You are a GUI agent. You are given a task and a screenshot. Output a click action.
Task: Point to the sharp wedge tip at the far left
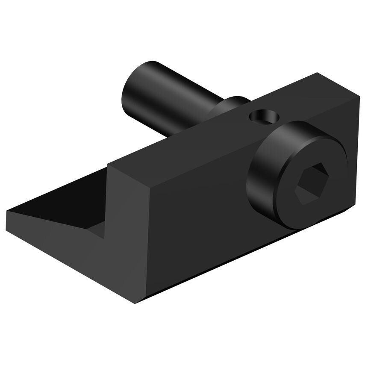[x=8, y=211]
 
